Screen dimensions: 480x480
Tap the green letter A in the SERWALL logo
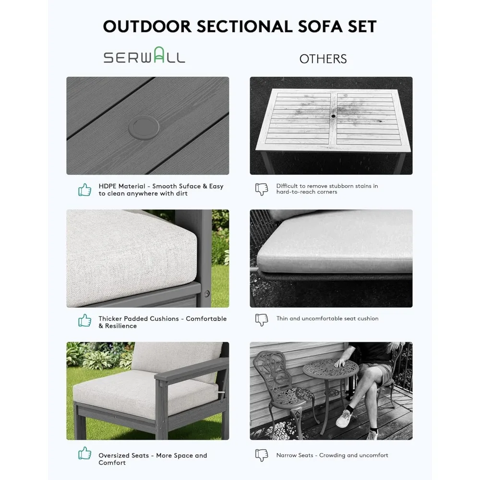tap(158, 55)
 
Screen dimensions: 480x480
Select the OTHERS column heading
tap(323, 59)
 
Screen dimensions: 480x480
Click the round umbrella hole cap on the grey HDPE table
tap(144, 127)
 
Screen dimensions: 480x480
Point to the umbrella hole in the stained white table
tap(333, 116)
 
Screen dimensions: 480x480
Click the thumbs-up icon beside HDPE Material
tap(85, 190)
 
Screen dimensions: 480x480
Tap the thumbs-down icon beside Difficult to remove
tap(262, 189)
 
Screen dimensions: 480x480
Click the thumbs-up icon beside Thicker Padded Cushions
tap(85, 320)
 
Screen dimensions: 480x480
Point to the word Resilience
tap(121, 326)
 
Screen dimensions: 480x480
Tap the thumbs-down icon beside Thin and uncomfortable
tap(262, 320)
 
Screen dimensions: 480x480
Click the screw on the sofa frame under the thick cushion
tap(207, 294)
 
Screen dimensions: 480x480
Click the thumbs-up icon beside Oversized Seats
tap(85, 453)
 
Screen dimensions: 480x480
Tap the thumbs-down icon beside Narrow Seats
tap(262, 455)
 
